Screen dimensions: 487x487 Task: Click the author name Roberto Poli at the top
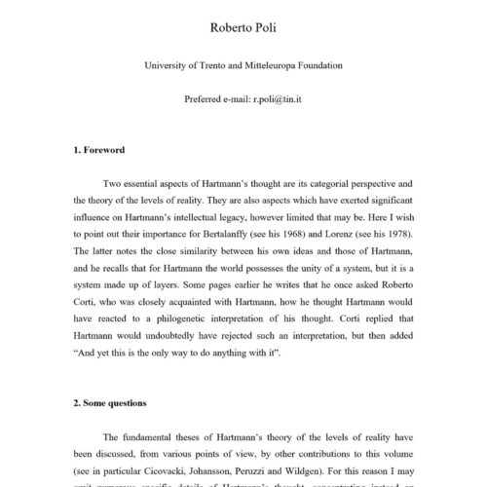point(243,26)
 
